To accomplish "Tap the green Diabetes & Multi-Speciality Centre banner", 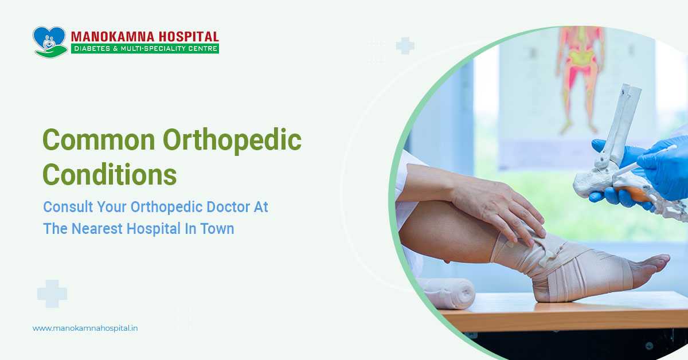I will pyautogui.click(x=145, y=49).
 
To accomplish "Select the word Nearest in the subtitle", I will pyautogui.click(x=99, y=228).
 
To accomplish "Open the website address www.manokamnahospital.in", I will pyautogui.click(x=85, y=328).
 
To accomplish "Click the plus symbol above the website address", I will pyautogui.click(x=52, y=294).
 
